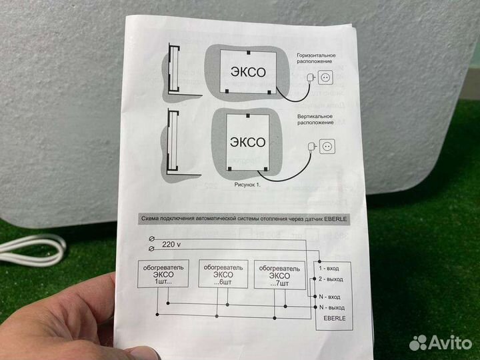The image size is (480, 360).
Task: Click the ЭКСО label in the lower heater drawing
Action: [247, 142]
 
